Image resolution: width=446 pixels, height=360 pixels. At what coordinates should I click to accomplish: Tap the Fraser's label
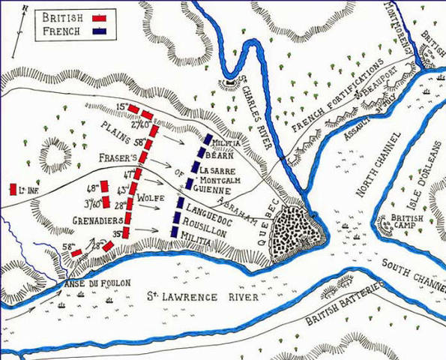[x=115, y=159]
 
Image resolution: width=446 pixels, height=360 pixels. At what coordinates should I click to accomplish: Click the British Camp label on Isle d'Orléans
[x=405, y=223]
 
